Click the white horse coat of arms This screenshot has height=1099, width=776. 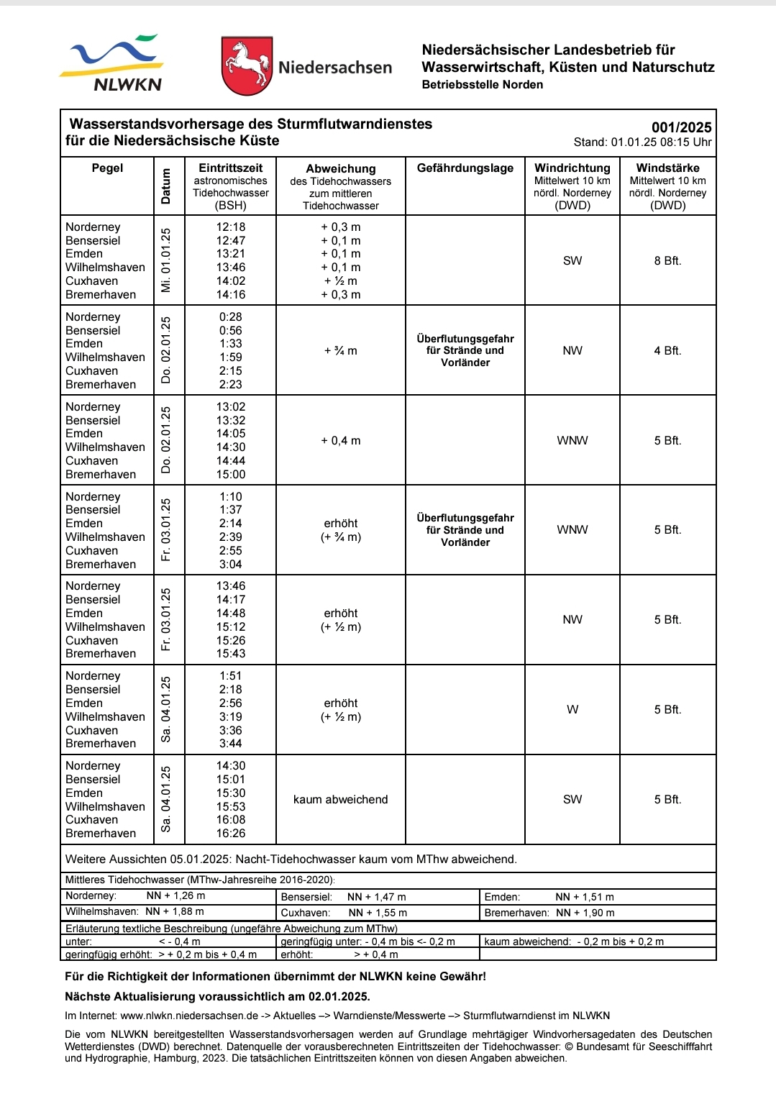point(247,66)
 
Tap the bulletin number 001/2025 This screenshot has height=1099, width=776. point(681,127)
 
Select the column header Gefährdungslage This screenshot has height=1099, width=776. point(465,168)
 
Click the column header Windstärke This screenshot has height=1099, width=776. point(667,168)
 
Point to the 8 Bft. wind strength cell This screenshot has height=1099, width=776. point(667,261)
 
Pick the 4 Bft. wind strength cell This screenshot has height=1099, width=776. point(667,351)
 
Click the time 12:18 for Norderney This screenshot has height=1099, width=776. point(231,227)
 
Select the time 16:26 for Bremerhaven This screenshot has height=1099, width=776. point(231,834)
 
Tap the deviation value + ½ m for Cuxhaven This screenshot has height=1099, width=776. point(341,281)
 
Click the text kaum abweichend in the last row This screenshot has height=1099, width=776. point(341,800)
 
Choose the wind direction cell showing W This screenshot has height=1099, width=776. point(572,710)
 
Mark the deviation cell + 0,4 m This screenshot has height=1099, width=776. point(341,441)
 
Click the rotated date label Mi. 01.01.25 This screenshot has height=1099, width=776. point(167,260)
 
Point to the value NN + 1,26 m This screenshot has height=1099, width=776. point(175,896)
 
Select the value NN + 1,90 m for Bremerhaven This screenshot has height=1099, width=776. point(585,913)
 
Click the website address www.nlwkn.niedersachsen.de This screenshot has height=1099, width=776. point(189,1016)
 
